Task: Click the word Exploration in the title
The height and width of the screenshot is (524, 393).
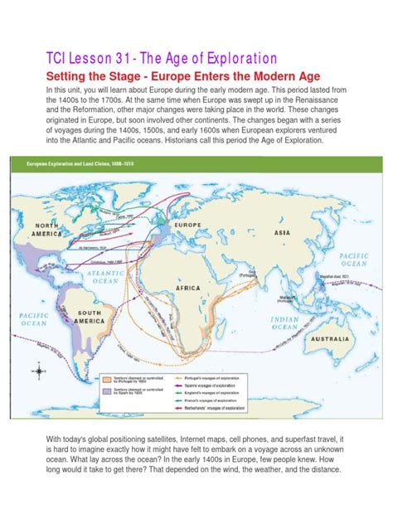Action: click(229, 58)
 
